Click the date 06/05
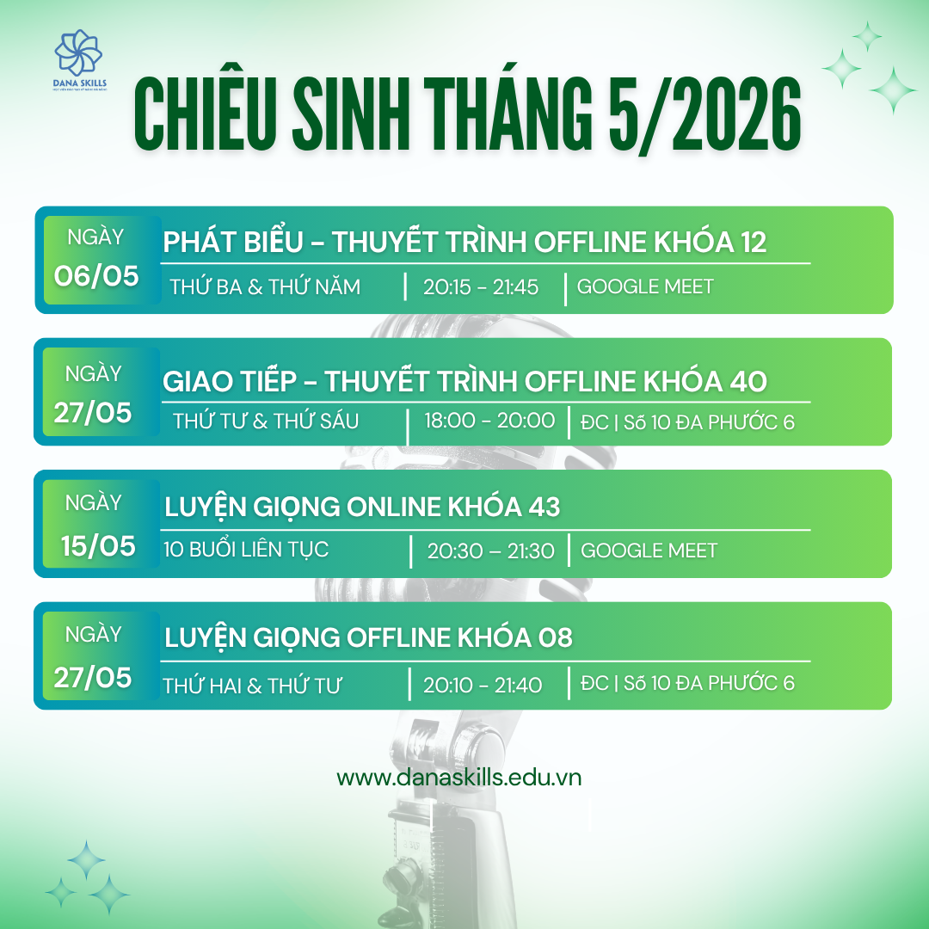point(96,275)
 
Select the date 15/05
point(98,546)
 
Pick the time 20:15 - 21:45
point(481,287)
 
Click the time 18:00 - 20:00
point(489,421)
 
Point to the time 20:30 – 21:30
point(490,551)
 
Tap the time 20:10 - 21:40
point(483,685)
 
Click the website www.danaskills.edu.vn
point(459,778)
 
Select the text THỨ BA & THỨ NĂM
point(265,286)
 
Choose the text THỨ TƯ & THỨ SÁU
point(266,421)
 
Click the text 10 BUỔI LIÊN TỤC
point(246,549)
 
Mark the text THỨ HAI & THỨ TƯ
point(252,686)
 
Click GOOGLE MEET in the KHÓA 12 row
point(645,286)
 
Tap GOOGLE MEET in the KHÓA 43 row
point(649,551)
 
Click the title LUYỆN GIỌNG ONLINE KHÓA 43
point(362,508)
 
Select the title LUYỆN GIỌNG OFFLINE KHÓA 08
point(368,638)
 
